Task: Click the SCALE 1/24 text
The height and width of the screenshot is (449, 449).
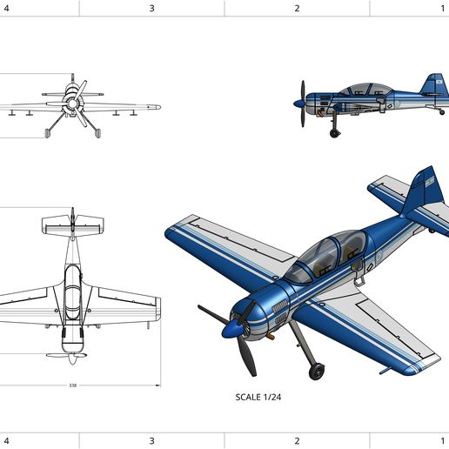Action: tap(259, 398)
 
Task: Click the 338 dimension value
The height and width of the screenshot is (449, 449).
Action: tap(71, 385)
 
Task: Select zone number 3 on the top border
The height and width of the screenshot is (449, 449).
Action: tap(151, 8)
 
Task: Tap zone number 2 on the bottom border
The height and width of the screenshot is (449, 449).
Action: tap(297, 440)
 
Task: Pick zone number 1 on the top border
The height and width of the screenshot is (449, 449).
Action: tap(443, 8)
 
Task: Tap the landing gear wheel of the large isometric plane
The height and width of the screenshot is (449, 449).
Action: tap(318, 372)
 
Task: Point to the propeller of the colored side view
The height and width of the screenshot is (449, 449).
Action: tap(302, 104)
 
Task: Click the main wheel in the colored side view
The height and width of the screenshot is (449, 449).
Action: tap(335, 132)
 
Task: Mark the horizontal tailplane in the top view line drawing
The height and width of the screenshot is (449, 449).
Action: tap(71, 224)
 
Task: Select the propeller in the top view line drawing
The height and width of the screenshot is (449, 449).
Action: tap(71, 356)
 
